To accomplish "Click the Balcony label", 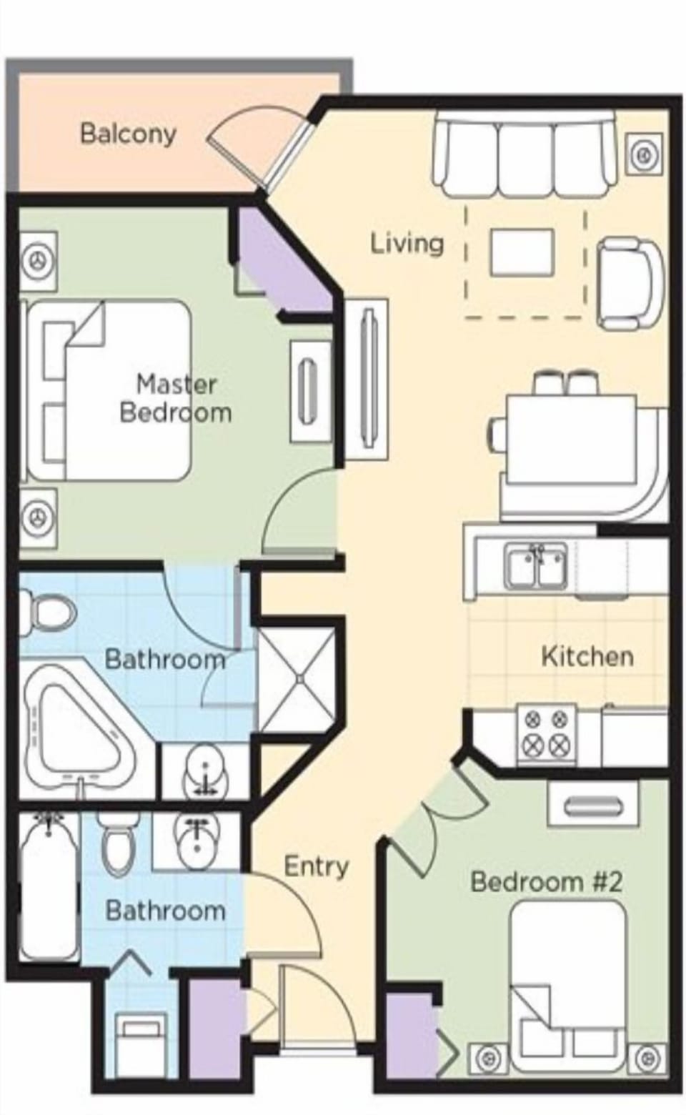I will [x=128, y=134].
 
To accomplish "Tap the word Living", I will [x=407, y=243].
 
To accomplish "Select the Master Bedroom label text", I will [x=175, y=399].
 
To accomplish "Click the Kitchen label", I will [x=587, y=656].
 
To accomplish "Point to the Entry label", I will [x=316, y=866].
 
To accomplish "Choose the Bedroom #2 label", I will [x=546, y=881].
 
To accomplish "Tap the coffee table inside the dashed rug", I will [x=522, y=252].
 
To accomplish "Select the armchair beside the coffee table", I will [x=629, y=279].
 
